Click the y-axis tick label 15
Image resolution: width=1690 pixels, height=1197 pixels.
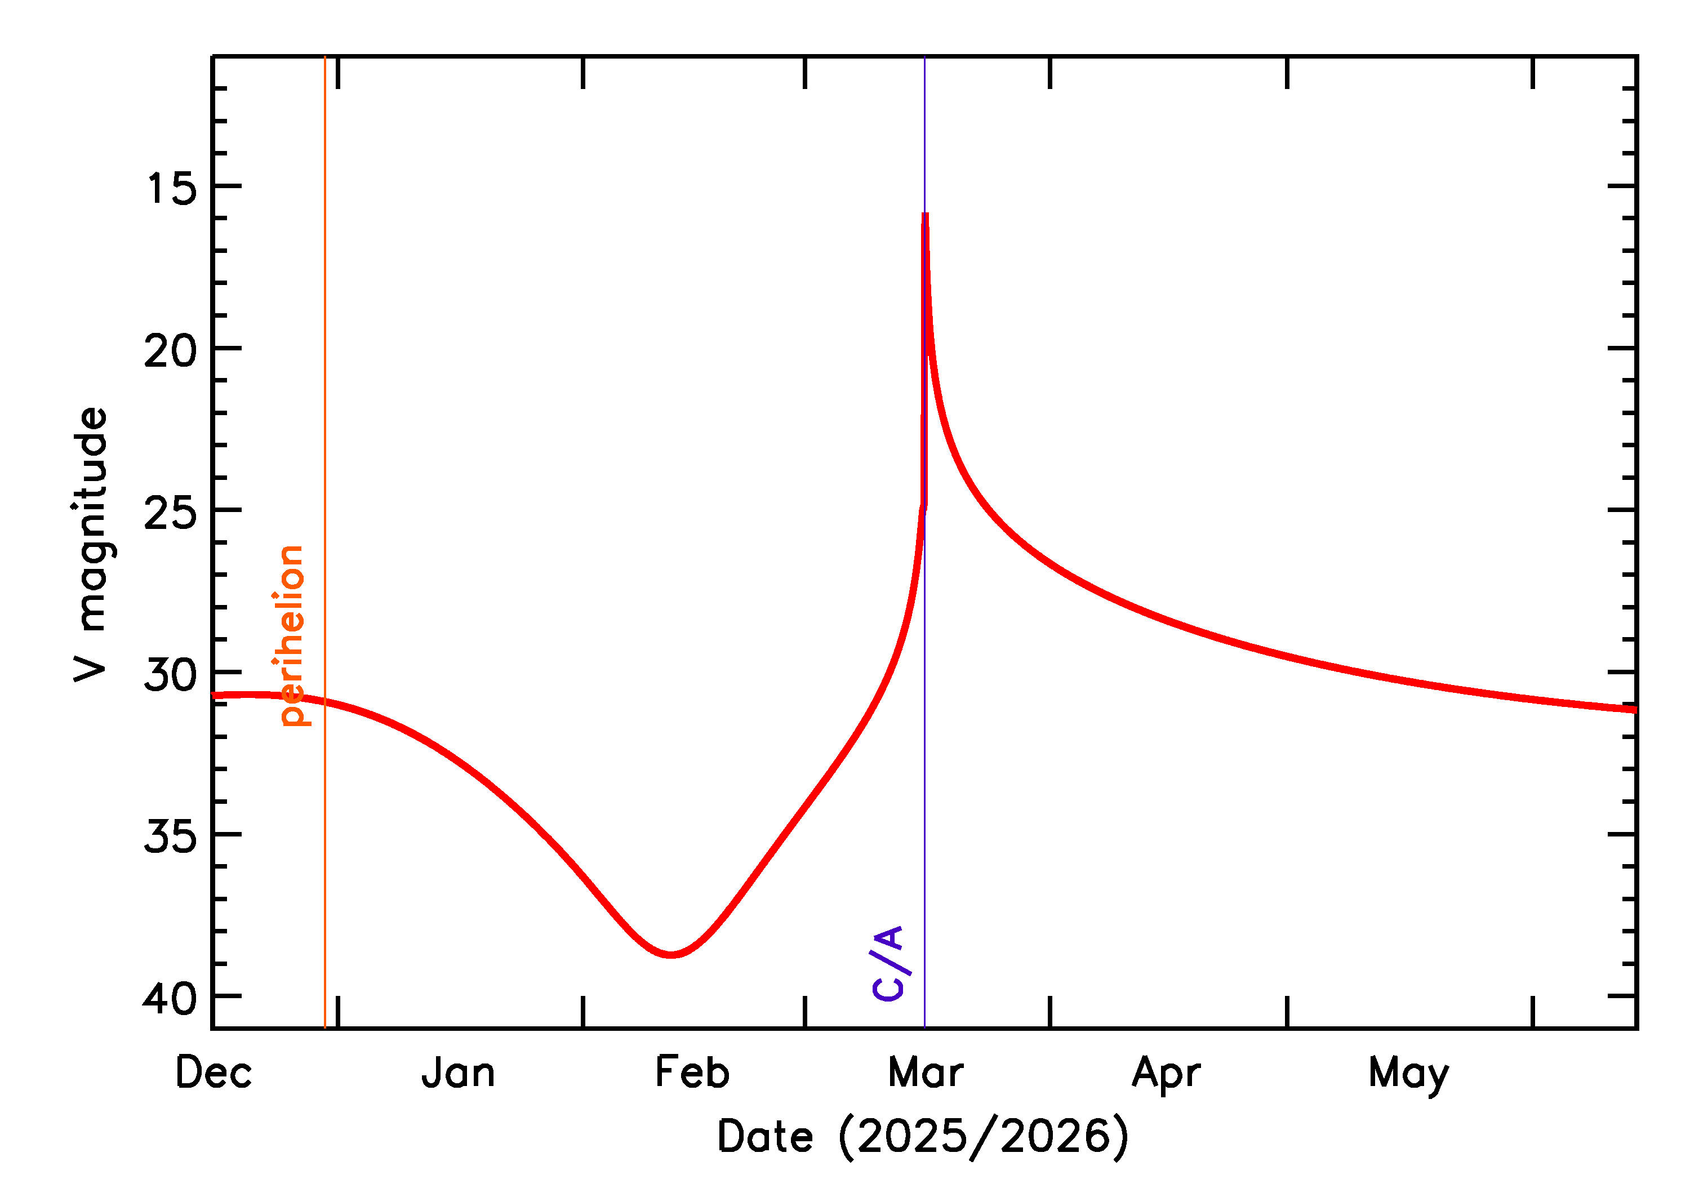[x=172, y=189]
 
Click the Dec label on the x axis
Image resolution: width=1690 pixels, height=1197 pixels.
[x=214, y=1073]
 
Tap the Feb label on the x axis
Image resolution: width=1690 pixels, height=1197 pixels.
[x=692, y=1073]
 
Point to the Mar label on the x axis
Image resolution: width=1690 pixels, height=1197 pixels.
[x=926, y=1073]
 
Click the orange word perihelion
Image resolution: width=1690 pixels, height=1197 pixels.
[x=291, y=635]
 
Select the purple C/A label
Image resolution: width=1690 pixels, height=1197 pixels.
[x=887, y=963]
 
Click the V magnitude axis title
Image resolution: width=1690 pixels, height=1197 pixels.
[x=91, y=545]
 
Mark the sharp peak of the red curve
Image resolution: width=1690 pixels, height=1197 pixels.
[x=925, y=215]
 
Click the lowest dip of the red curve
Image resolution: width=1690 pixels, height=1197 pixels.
[x=671, y=955]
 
